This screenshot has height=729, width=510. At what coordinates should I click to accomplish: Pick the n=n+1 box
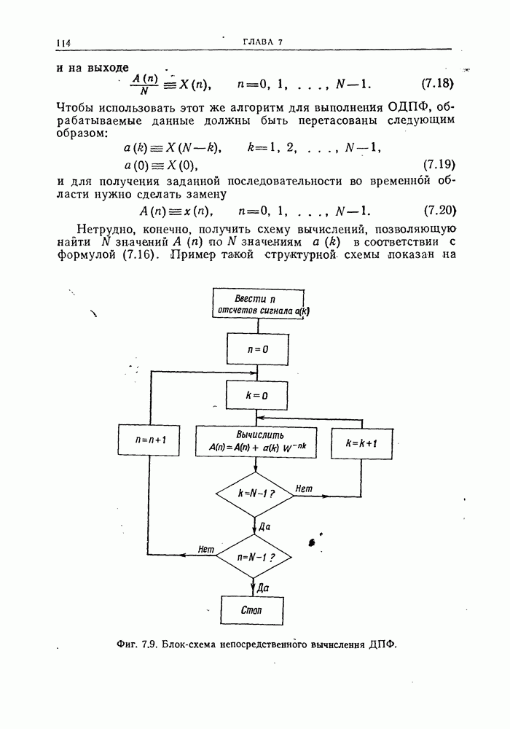click(150, 441)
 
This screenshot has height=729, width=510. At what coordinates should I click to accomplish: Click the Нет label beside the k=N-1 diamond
click(304, 488)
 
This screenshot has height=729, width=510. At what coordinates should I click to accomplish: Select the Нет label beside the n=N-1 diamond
click(205, 550)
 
